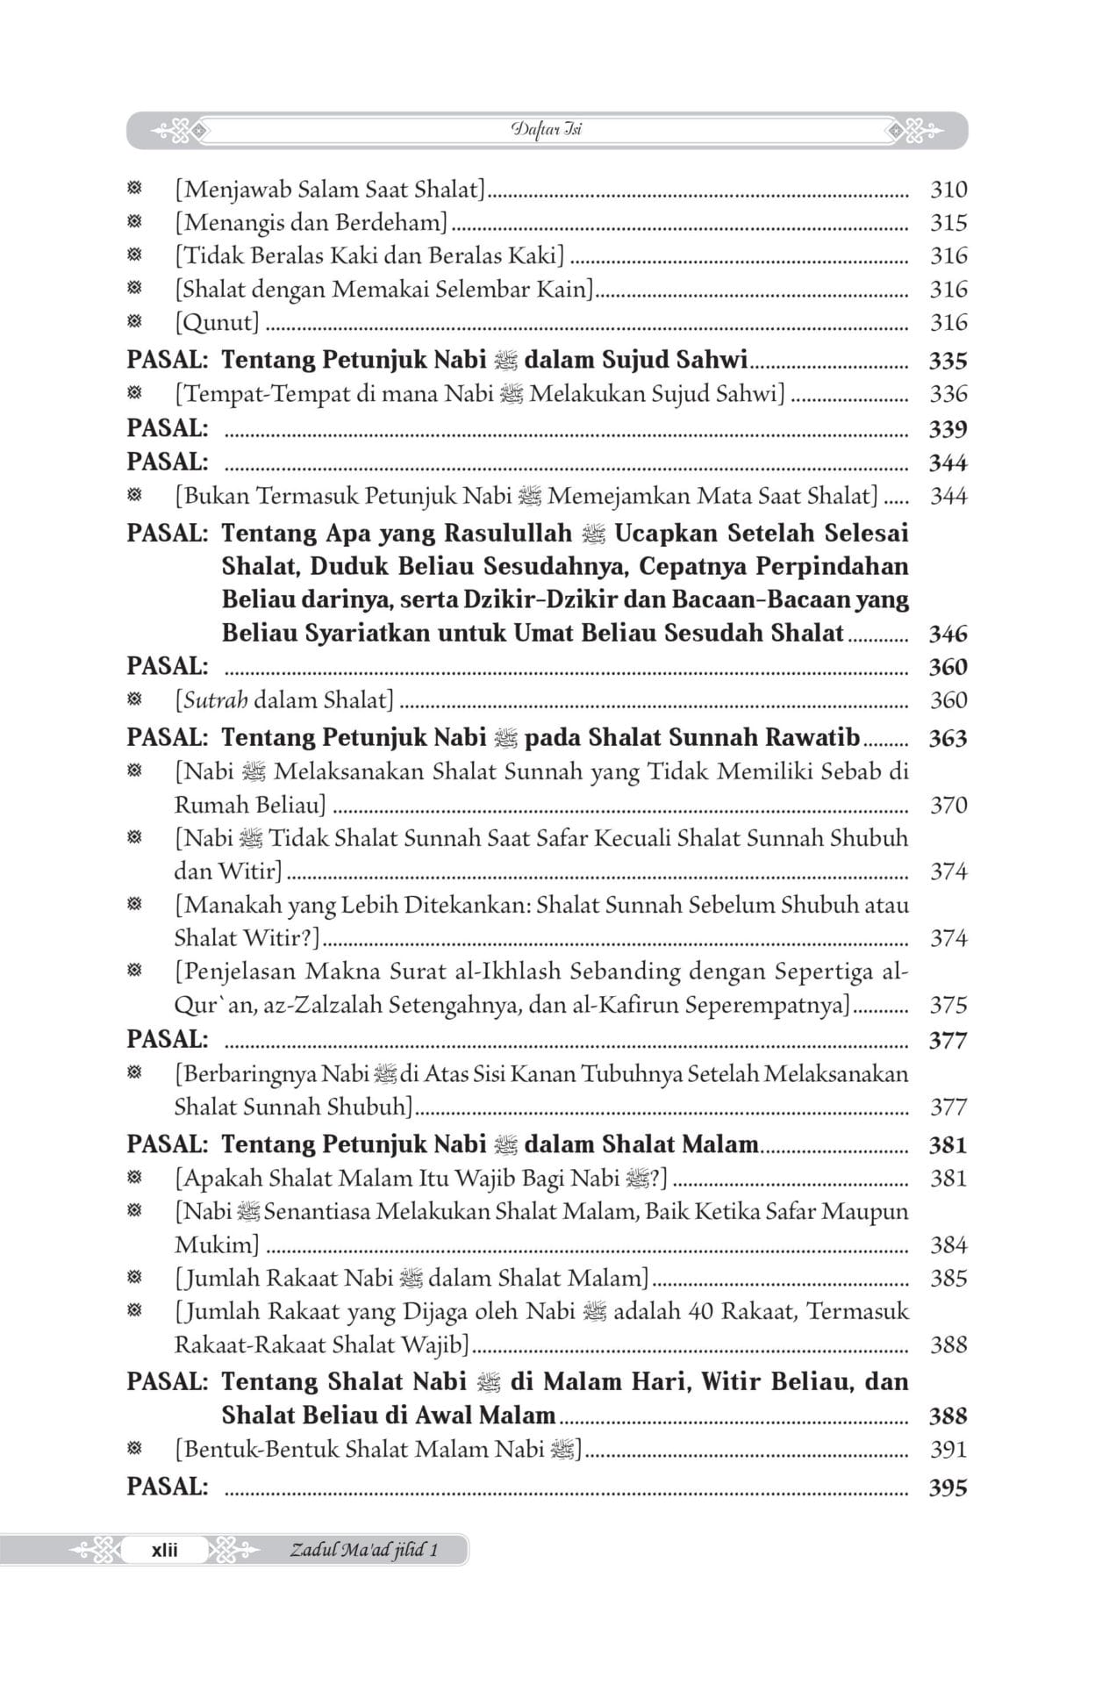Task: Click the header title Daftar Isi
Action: pos(547,130)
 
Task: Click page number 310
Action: pos(948,189)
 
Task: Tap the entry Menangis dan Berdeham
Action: pos(311,222)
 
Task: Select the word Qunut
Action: pos(217,322)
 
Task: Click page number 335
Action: pos(948,360)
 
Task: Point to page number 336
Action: pos(948,394)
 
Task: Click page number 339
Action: pos(948,429)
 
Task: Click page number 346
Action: pos(948,634)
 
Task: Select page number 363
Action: pos(948,738)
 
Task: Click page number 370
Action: pos(948,805)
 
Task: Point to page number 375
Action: pos(948,1005)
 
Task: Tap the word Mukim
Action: pos(216,1244)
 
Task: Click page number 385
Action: pos(948,1278)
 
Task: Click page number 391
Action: pos(948,1449)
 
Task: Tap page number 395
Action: pos(948,1488)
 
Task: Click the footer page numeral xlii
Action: pos(165,1550)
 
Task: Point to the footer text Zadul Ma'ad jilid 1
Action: pos(363,1550)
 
